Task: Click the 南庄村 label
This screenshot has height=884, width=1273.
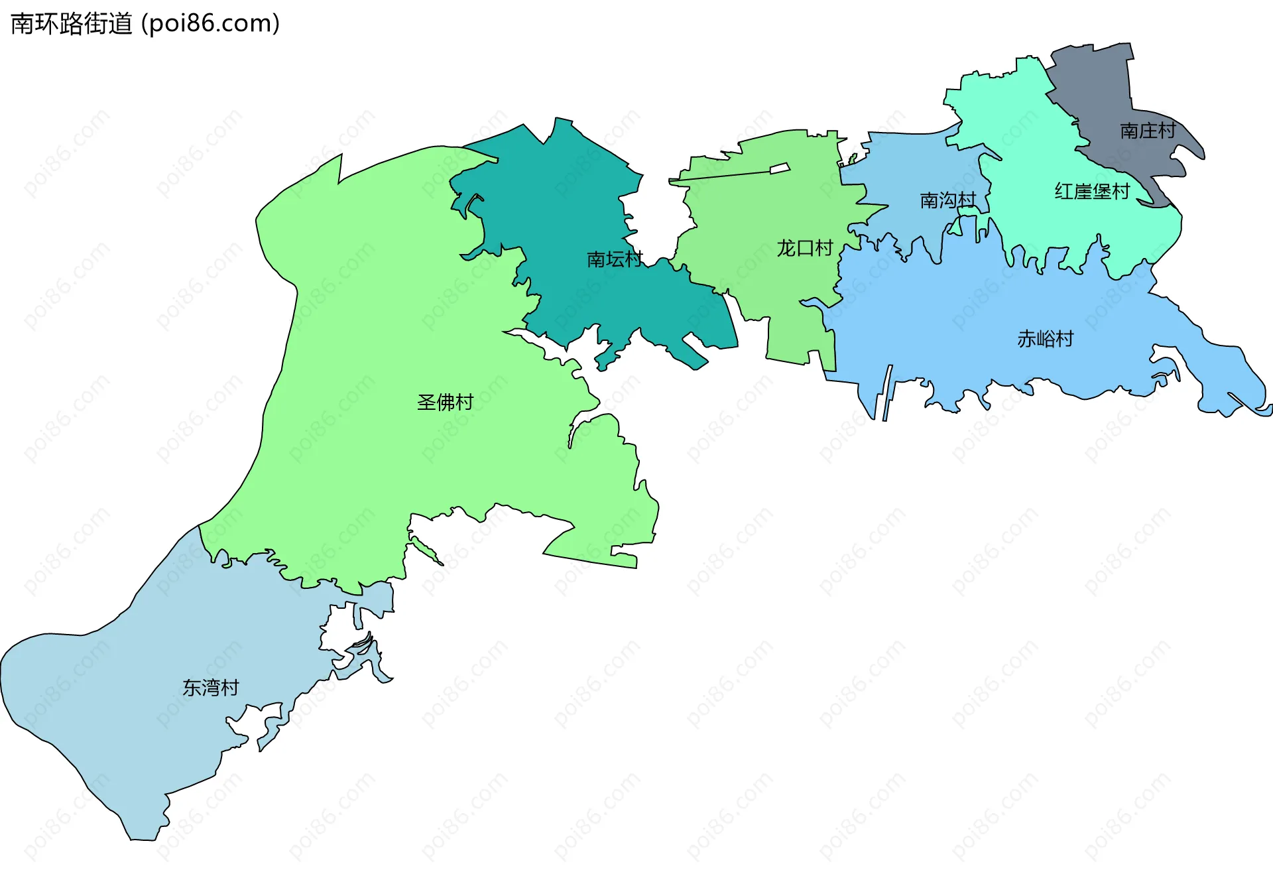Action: click(x=1148, y=131)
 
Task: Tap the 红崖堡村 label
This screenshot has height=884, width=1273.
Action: click(x=1092, y=192)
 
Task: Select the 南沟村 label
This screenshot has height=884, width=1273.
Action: click(x=948, y=200)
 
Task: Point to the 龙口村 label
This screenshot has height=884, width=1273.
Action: click(x=805, y=248)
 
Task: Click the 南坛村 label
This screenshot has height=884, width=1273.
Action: click(x=615, y=259)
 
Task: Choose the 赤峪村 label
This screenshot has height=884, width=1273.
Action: click(x=1046, y=339)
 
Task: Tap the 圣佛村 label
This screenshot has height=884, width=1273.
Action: click(x=445, y=402)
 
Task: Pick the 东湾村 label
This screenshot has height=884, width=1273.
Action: click(x=211, y=688)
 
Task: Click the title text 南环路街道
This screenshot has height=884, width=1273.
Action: click(x=72, y=24)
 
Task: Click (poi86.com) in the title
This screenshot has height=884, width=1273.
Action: click(x=210, y=24)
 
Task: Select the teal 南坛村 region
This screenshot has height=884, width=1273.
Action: click(x=564, y=199)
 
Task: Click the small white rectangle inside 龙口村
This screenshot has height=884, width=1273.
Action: click(x=780, y=168)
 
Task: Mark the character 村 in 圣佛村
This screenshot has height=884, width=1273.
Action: click(x=464, y=402)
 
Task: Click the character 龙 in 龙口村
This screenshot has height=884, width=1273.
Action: click(x=786, y=248)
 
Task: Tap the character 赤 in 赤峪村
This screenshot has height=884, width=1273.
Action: click(x=1027, y=339)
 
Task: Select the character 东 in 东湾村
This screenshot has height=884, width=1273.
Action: click(x=192, y=688)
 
